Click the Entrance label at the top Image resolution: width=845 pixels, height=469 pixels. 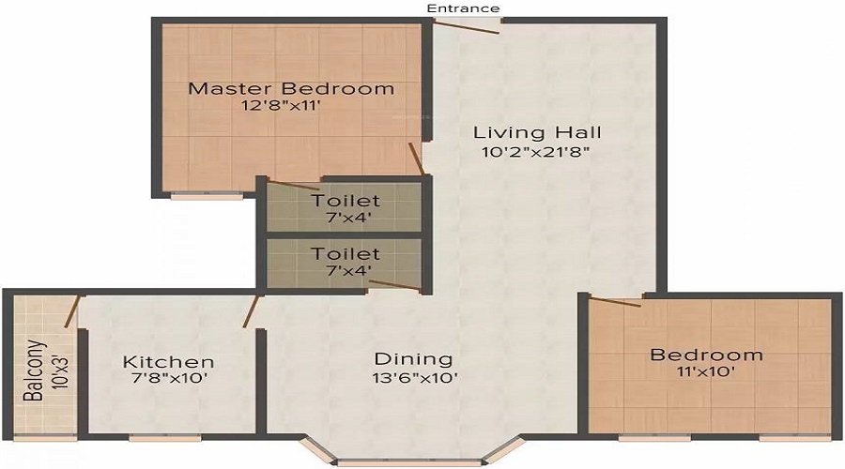463,8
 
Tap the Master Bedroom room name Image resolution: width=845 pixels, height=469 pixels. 291,89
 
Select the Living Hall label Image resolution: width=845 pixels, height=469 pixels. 537,131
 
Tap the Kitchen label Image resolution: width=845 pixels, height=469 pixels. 169,361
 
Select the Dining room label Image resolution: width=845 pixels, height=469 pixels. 413,358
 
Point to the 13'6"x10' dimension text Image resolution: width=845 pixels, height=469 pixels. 413,378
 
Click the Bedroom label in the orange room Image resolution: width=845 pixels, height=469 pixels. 707,355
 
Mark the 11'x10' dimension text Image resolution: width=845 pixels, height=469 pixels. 707,372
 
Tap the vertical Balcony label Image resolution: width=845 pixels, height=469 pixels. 33,370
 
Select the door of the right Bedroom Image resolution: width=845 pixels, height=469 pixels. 614,301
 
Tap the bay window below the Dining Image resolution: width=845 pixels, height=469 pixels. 407,460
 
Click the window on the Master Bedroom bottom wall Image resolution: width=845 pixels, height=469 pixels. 207,196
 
